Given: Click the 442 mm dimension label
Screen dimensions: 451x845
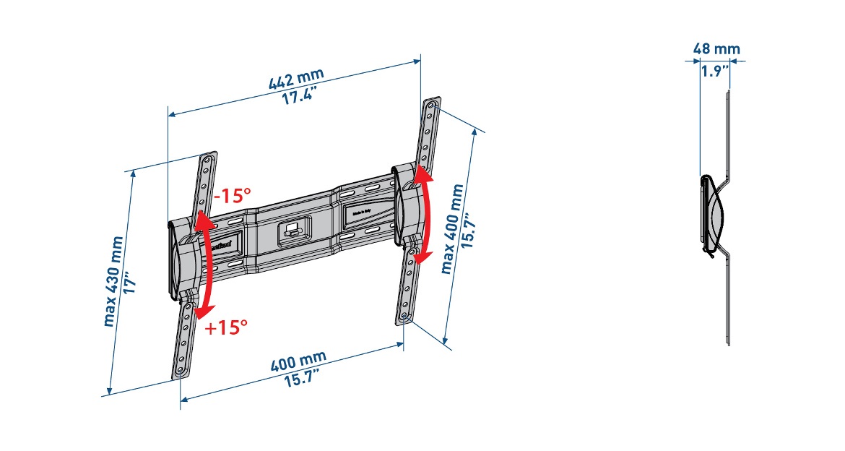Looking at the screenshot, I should point(296,77).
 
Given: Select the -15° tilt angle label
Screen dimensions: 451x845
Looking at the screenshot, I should point(232,195).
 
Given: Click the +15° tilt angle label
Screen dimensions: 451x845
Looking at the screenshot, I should point(226,327).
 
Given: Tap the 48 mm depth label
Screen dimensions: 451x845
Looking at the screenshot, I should point(716,49).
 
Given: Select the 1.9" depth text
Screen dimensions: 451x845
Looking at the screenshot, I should point(714,72).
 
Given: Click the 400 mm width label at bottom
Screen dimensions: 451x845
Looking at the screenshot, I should point(298,361).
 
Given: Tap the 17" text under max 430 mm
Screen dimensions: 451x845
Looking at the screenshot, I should point(131,280).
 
